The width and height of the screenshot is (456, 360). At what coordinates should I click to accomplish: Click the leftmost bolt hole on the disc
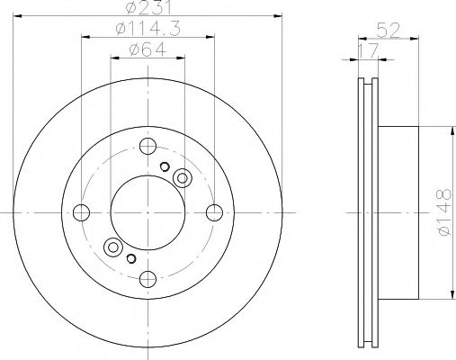click(82, 212)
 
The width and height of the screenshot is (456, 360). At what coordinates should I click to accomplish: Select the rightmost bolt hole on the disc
click(214, 212)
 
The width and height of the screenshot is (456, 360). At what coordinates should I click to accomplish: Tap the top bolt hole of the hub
click(148, 147)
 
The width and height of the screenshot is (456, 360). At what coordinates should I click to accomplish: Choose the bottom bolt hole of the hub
click(148, 278)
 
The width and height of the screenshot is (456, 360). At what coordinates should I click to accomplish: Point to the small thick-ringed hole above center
click(165, 166)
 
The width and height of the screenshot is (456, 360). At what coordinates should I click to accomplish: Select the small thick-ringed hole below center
click(131, 259)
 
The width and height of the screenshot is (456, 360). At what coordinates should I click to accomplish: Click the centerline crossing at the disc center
click(148, 212)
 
